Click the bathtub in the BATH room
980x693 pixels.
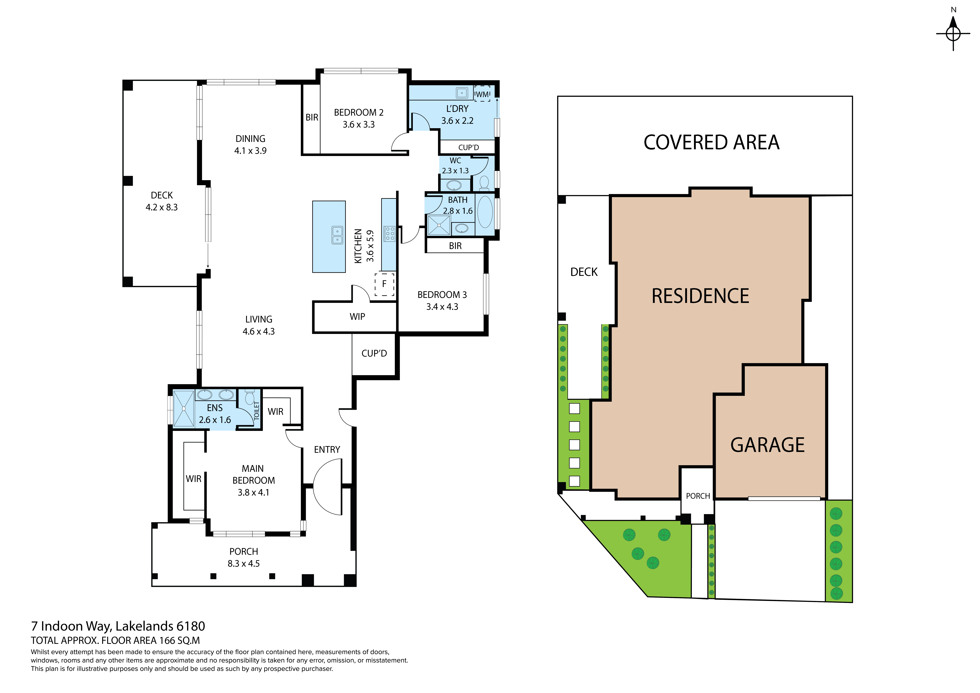pyautogui.click(x=485, y=212)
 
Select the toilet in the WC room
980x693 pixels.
pyautogui.click(x=484, y=183)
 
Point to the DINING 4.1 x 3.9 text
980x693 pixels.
pyautogui.click(x=251, y=145)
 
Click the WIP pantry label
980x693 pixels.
pyautogui.click(x=357, y=317)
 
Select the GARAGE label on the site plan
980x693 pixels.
pyautogui.click(x=767, y=445)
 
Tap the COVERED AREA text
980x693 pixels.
pyautogui.click(x=711, y=143)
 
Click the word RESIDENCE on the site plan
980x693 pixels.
pyautogui.click(x=700, y=296)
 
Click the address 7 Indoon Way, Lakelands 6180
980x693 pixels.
pyautogui.click(x=118, y=626)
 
